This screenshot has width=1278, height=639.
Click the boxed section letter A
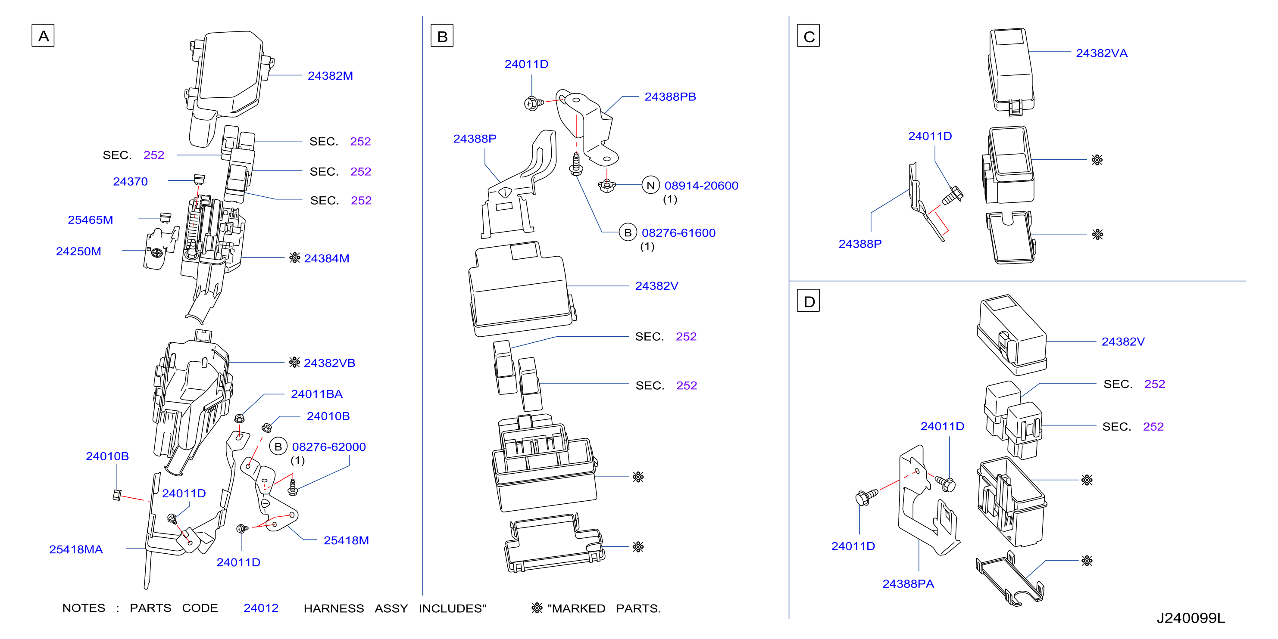coord(43,36)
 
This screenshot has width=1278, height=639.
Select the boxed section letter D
coord(808,301)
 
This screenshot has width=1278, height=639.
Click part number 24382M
coord(331,76)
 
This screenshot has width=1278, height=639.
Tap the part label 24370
coord(131,181)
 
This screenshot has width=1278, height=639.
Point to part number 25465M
coord(90,220)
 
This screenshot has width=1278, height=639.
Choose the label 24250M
coord(78,251)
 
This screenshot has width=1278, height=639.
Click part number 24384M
coord(326,258)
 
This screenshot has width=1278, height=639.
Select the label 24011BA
coord(316,394)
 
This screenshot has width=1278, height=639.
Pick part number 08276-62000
coord(329,447)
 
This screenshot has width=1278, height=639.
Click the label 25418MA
coord(76,549)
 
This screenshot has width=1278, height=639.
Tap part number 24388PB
coord(670,96)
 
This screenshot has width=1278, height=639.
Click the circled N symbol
coord(650,186)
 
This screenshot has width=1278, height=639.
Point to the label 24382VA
coord(1102,53)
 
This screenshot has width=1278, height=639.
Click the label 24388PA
coord(908,584)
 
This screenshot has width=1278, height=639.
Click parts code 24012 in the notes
coord(261,608)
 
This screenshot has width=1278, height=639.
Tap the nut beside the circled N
coord(607,186)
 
